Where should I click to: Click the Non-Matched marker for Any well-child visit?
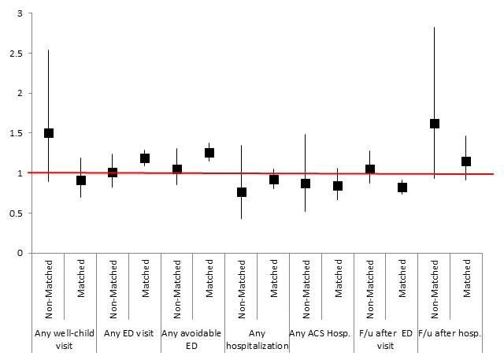pyautogui.click(x=49, y=133)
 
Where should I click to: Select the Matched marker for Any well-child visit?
pyautogui.click(x=80, y=180)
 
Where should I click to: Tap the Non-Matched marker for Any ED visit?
pyautogui.click(x=113, y=173)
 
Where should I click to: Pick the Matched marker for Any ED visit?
pyautogui.click(x=145, y=158)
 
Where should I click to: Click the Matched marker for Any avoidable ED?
pyautogui.click(x=209, y=153)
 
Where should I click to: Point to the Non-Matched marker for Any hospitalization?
pyautogui.click(x=242, y=192)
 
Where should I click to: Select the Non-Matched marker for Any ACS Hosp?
pyautogui.click(x=306, y=184)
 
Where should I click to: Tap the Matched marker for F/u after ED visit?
pyautogui.click(x=402, y=187)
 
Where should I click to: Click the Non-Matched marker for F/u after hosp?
pyautogui.click(x=435, y=124)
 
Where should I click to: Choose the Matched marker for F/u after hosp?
pyautogui.click(x=466, y=161)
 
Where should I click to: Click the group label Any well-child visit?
pyautogui.click(x=65, y=339)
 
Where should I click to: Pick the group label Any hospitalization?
pyautogui.click(x=258, y=339)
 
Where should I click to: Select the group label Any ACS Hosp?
pyautogui.click(x=321, y=333)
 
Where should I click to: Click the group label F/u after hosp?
pyautogui.click(x=450, y=333)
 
